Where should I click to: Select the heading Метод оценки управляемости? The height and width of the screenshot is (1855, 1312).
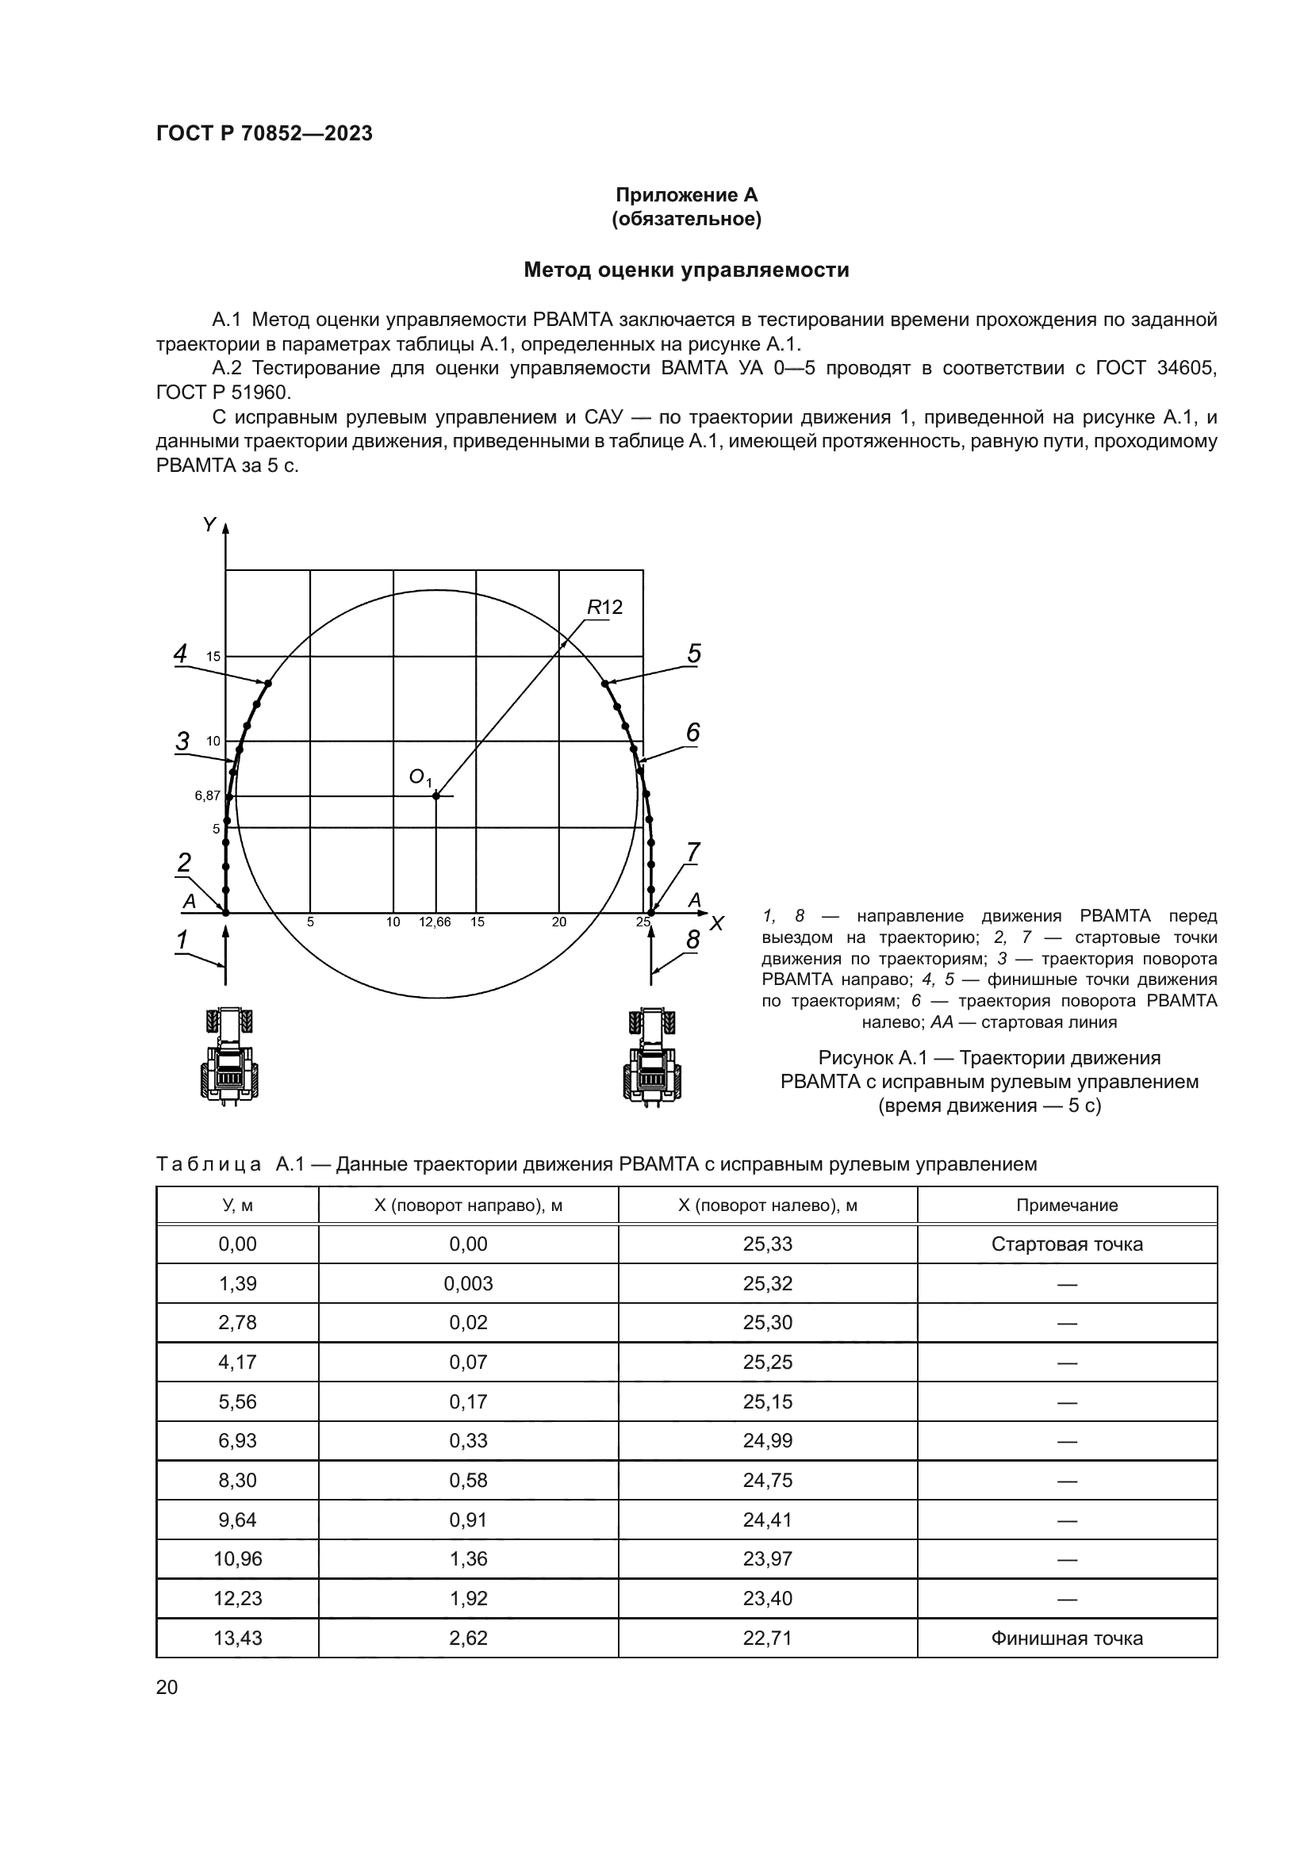[686, 270]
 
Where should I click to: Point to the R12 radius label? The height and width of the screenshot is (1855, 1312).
[604, 607]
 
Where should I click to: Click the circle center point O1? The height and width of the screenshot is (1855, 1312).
[436, 796]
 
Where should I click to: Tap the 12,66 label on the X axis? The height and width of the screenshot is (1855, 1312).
[435, 922]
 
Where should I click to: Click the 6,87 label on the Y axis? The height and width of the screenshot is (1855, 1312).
[207, 795]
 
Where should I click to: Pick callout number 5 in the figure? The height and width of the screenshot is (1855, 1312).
[694, 653]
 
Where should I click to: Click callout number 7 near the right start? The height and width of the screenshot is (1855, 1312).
[693, 853]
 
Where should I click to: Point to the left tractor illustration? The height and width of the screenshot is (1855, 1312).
[230, 1053]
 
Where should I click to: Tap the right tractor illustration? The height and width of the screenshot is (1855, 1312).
[654, 1053]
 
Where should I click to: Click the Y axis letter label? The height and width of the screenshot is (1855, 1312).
[209, 526]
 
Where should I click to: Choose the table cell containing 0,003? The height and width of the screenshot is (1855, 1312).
[468, 1284]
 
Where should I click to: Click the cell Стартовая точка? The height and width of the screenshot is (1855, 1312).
[1066, 1244]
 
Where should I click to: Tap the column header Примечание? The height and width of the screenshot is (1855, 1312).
[1066, 1205]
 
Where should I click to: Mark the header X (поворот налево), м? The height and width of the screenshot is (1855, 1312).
[768, 1205]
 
